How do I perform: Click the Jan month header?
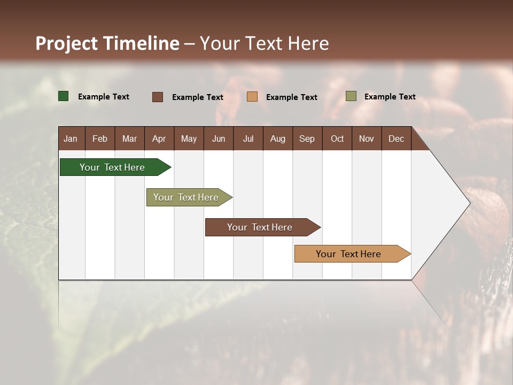click(71, 138)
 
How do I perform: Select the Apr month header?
click(159, 138)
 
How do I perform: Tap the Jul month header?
click(248, 138)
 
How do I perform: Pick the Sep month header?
click(307, 138)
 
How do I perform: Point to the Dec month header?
click(396, 138)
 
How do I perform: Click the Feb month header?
click(100, 138)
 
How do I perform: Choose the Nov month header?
click(366, 138)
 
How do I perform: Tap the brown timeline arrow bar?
click(260, 227)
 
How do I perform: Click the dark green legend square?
click(64, 96)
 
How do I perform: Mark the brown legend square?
click(158, 97)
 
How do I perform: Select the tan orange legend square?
click(252, 97)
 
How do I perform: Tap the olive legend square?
click(351, 96)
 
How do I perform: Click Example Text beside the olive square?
click(390, 97)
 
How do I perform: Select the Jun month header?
click(219, 138)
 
